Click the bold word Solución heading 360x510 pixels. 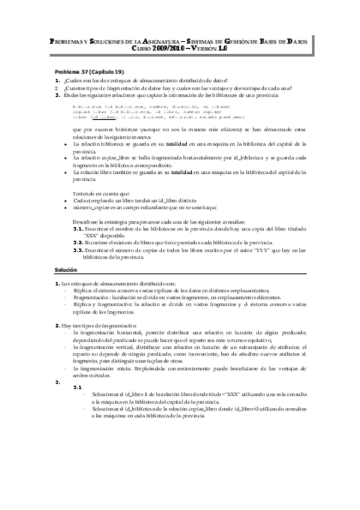(x=64, y=271)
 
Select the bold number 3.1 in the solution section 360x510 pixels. (x=77, y=388)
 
